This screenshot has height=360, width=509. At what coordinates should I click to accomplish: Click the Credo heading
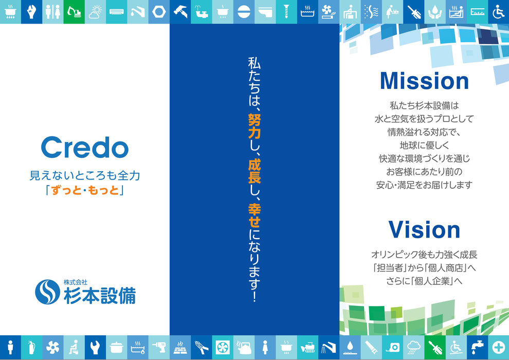(x=85, y=148)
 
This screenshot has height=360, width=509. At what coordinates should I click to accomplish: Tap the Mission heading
(x=424, y=81)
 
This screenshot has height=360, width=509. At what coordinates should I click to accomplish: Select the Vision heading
(x=424, y=229)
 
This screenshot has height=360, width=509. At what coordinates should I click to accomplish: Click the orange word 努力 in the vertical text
(x=254, y=126)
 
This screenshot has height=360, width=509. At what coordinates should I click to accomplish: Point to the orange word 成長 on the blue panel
(x=254, y=171)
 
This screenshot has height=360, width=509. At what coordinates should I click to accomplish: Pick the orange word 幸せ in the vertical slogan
(x=254, y=215)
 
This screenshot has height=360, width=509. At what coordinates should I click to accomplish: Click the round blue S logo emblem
(x=47, y=292)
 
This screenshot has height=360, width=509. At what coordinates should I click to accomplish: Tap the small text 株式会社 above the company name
(x=75, y=282)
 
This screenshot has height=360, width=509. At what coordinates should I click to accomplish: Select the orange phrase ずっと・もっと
(x=85, y=190)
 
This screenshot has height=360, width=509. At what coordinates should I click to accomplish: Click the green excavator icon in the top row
(x=74, y=12)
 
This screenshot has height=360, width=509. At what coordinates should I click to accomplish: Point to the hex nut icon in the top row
(x=159, y=12)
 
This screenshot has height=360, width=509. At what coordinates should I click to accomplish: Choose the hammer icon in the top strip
(x=180, y=12)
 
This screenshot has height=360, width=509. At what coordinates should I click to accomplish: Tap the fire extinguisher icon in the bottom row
(x=31, y=347)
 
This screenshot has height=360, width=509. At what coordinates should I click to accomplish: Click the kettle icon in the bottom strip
(x=244, y=347)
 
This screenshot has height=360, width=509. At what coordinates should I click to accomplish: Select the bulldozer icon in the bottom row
(x=307, y=348)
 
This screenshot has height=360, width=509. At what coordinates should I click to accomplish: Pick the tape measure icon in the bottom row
(x=392, y=348)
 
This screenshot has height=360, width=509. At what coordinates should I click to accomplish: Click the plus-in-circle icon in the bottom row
(x=498, y=348)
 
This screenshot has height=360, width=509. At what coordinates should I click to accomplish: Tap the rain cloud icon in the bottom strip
(x=413, y=347)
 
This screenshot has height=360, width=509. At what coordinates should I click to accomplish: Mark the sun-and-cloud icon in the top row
(x=95, y=12)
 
